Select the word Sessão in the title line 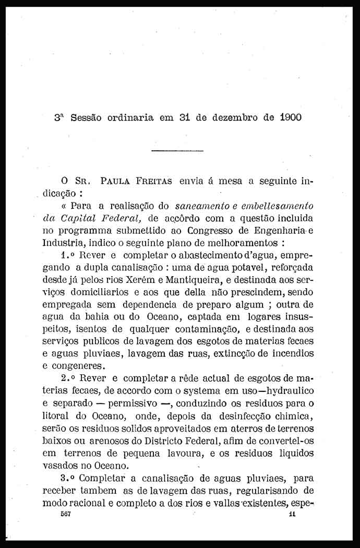coord(86,117)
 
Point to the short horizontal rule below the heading coord(177,151)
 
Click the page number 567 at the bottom coord(65,514)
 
